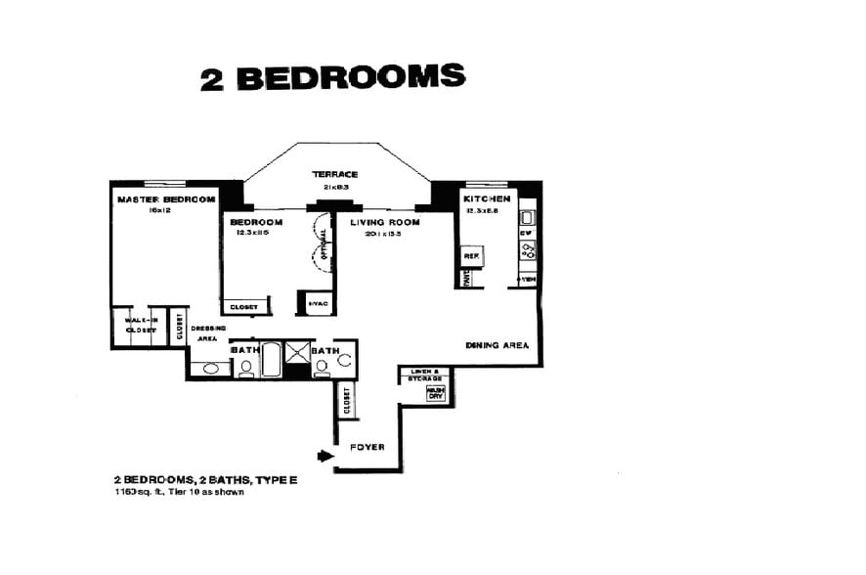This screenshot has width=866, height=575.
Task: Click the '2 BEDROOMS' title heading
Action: [x=332, y=77]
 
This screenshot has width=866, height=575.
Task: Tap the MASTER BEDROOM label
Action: [x=165, y=199]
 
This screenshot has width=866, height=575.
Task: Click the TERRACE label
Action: [x=335, y=174]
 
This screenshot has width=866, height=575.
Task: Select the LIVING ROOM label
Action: [x=385, y=223]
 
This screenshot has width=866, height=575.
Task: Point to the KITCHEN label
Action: [x=487, y=199]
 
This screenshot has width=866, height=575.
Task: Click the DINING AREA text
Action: [x=498, y=345]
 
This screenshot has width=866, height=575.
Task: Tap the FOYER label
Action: [x=368, y=448]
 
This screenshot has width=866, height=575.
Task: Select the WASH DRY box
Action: [x=435, y=393]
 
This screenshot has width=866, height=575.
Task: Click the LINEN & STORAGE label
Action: [x=426, y=374]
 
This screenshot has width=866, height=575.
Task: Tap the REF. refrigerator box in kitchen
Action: [x=469, y=255]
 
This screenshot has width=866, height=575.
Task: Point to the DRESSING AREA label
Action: [x=207, y=332]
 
